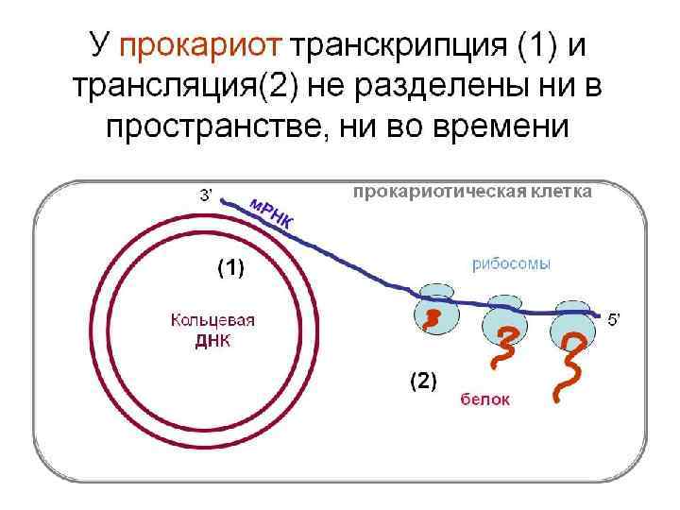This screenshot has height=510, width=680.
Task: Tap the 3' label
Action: tap(205, 195)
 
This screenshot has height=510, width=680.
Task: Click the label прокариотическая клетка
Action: tap(472, 192)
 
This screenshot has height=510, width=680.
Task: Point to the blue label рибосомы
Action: tap(511, 264)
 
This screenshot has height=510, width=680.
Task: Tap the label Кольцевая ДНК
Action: tap(212, 331)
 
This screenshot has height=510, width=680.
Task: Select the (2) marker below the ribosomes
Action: tap(422, 382)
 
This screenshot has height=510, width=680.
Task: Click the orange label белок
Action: tap(485, 399)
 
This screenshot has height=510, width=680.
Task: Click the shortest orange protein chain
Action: tap(432, 318)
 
